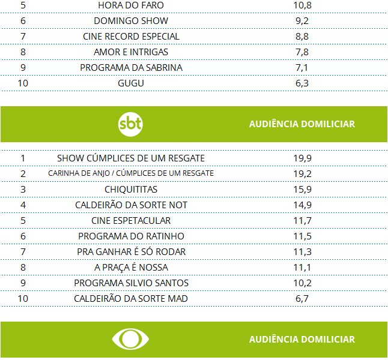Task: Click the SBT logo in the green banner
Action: (x=131, y=124)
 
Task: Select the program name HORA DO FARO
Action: (x=130, y=5)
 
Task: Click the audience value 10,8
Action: (x=302, y=5)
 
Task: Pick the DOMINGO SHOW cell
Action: (x=130, y=21)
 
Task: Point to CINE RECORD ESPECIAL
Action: (x=130, y=37)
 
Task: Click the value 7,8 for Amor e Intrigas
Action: (x=302, y=52)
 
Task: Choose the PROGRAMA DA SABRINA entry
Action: (x=131, y=68)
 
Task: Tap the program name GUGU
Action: (x=131, y=83)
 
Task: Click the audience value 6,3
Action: (x=302, y=83)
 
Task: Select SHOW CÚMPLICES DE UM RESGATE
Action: (x=131, y=158)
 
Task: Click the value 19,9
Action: (x=302, y=158)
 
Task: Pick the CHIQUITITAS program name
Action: (x=131, y=190)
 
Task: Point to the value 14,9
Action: (x=302, y=205)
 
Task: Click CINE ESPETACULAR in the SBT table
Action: (x=131, y=221)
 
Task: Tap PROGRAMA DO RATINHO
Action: (x=131, y=236)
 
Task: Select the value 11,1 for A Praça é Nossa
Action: (x=302, y=268)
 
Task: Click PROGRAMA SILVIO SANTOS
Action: (x=131, y=283)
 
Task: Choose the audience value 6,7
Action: (x=302, y=299)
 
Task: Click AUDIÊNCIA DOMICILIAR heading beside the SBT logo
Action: (x=302, y=124)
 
